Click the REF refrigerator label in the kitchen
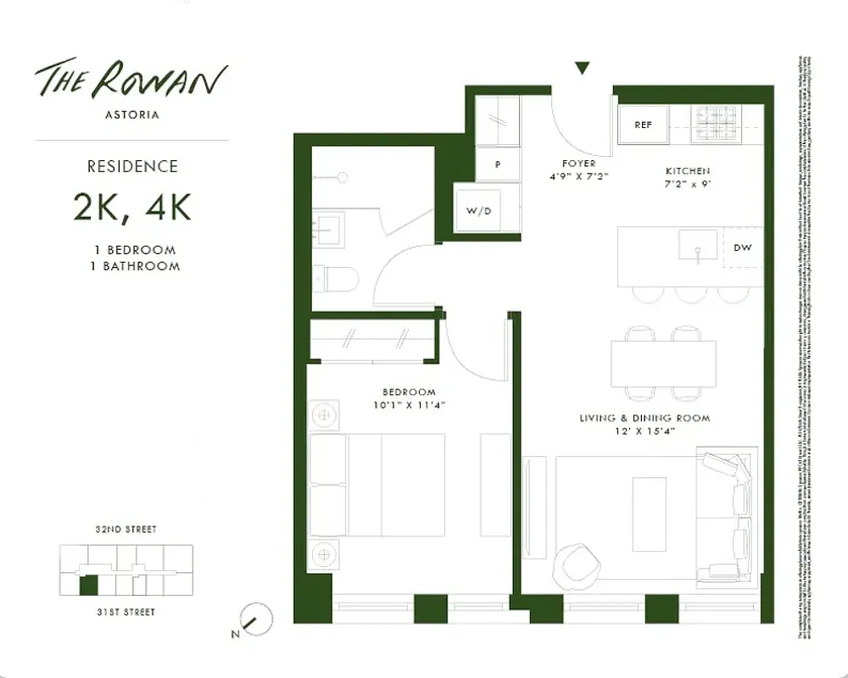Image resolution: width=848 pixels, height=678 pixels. [643, 125]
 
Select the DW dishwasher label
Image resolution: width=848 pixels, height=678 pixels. [743, 248]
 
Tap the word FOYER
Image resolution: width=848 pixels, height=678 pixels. [578, 164]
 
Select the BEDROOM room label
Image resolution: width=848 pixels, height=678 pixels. [409, 392]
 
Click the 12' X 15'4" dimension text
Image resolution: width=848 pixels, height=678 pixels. [644, 432]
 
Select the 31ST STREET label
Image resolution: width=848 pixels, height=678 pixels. [126, 611]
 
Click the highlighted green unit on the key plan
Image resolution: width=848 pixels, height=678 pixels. [88, 585]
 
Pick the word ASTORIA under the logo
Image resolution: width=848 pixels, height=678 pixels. [131, 114]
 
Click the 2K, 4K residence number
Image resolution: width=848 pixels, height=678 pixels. [131, 206]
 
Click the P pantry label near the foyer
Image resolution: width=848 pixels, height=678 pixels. [497, 165]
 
